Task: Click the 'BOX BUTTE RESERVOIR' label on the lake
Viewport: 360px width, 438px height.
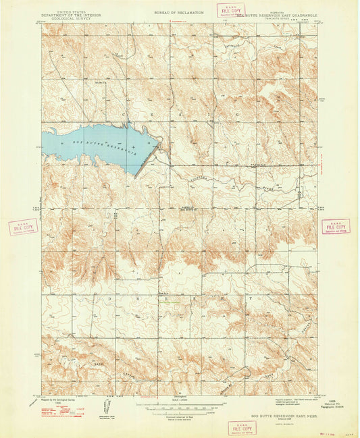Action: click(101, 144)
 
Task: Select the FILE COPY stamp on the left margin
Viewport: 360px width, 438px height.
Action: click(22, 227)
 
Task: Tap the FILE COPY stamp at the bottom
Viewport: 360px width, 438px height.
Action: click(241, 427)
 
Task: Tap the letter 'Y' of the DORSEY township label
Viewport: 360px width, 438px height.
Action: click(249, 297)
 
